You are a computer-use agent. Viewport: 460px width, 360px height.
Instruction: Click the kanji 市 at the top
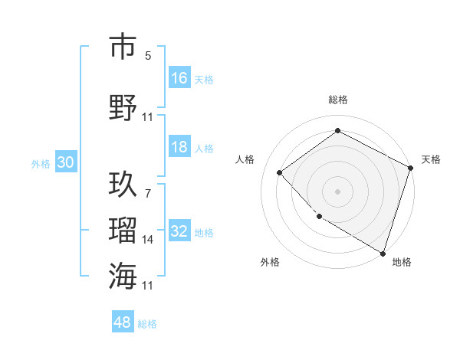123,47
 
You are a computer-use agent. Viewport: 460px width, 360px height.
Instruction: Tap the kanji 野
123,106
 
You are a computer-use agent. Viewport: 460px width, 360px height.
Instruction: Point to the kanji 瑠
123,230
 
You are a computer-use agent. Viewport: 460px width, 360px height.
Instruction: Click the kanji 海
123,275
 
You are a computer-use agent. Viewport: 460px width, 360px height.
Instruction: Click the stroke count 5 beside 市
147,56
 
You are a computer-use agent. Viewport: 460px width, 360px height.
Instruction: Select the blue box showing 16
179,77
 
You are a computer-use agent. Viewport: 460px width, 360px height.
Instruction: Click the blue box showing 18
179,148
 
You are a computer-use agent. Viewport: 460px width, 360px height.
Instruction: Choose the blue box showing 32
179,231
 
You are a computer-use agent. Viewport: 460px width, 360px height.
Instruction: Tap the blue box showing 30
65,162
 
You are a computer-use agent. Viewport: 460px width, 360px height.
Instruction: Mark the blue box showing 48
123,322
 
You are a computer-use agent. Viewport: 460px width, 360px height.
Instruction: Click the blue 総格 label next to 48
147,324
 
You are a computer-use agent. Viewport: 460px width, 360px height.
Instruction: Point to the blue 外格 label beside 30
41,163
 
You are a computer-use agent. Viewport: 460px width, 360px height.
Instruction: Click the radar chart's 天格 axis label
431,159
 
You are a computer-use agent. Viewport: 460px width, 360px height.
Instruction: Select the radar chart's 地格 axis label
402,262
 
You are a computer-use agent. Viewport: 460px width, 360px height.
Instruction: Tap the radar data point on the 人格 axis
280,172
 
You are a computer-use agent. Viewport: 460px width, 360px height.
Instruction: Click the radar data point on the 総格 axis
337,131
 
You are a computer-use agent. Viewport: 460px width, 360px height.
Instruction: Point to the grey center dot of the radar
337,191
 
